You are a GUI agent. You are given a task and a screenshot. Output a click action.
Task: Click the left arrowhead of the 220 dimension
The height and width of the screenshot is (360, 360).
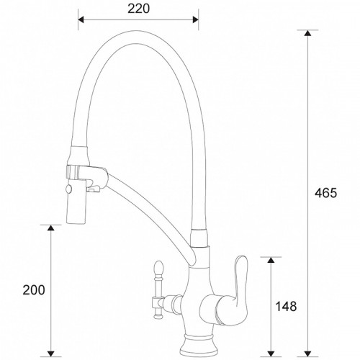[81, 19]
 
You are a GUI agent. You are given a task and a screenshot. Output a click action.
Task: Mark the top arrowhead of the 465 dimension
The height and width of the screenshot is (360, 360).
[308, 34]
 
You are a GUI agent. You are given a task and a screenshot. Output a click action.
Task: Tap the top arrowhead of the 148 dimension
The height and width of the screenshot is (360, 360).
[270, 260]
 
